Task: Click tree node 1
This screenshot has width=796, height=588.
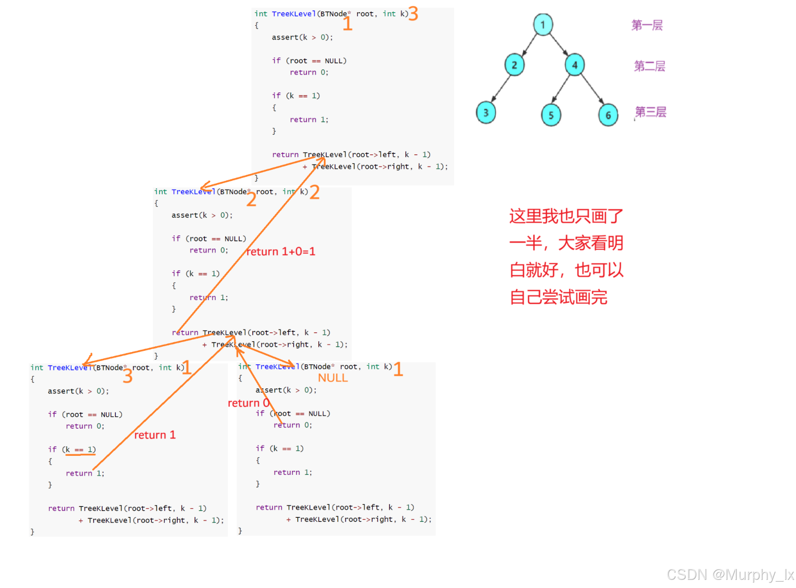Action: [x=543, y=24]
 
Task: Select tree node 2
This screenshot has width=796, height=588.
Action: [x=514, y=65]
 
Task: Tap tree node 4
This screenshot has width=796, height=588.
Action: [x=574, y=65]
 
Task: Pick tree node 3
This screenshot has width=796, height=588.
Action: [x=486, y=112]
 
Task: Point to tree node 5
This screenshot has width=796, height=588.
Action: [x=551, y=115]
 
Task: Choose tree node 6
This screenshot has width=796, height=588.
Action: [x=608, y=115]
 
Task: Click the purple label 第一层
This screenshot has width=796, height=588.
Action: [x=647, y=25]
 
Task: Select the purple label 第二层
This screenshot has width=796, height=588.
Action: [x=649, y=66]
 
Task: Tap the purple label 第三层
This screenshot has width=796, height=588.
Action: [x=650, y=112]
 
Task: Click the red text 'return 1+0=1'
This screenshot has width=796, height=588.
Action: [x=280, y=252]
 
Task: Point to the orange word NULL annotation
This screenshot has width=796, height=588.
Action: [x=333, y=378]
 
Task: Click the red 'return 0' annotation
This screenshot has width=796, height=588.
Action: [x=248, y=403]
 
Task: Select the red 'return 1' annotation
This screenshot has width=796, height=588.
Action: [x=155, y=435]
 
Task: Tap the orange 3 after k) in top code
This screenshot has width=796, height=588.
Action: [x=413, y=14]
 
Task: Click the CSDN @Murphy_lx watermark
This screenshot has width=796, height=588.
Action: [x=730, y=574]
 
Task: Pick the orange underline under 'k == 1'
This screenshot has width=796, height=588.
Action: [x=81, y=454]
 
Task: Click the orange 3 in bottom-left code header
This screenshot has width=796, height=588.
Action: [x=128, y=376]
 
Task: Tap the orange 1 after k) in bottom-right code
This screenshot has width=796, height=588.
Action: [x=398, y=369]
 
